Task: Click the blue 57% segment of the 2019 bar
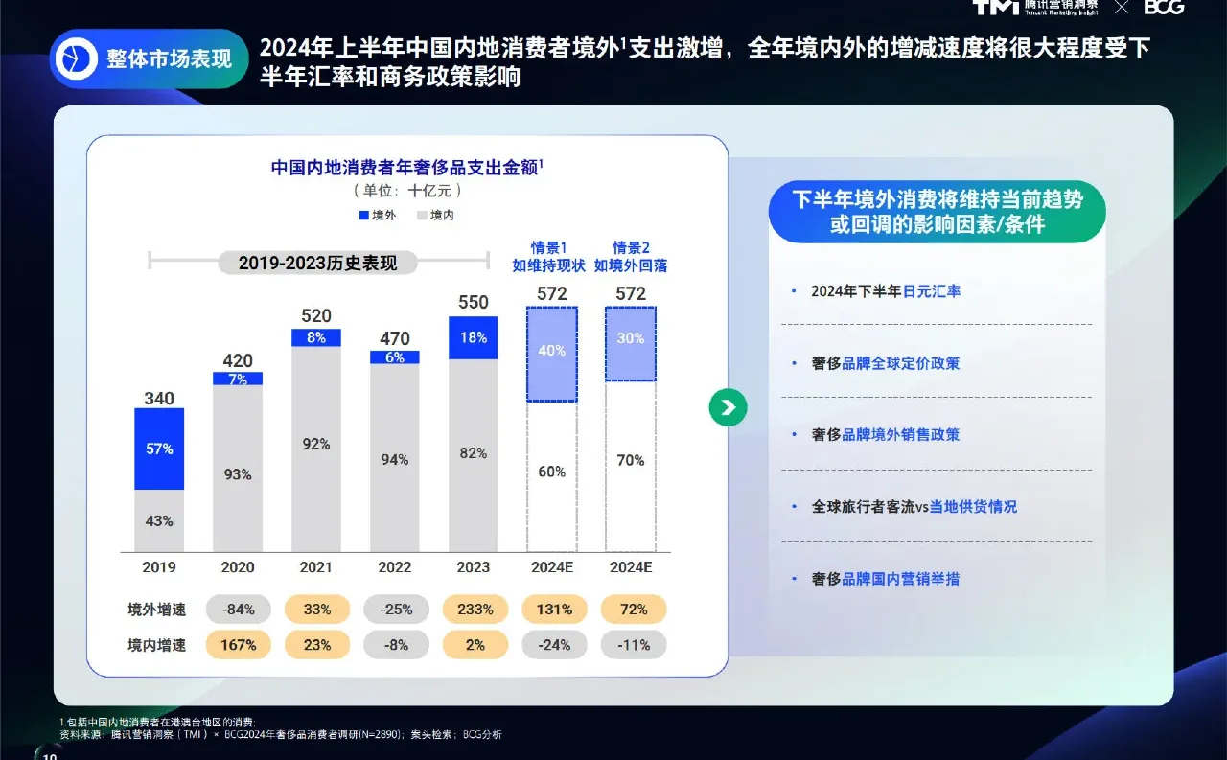point(159,449)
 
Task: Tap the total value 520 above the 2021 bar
point(316,316)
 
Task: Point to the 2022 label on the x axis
point(395,567)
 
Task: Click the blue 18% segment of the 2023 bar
point(474,337)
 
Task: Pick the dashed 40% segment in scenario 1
point(552,353)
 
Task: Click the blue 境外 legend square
point(364,216)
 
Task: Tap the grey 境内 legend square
point(422,216)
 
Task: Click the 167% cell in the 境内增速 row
point(238,645)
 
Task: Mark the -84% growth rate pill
point(238,610)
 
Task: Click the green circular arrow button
point(729,407)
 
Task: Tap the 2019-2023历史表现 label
point(317,263)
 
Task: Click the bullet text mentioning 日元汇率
point(885,291)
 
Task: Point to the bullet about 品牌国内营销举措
point(885,579)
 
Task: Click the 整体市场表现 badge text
point(169,59)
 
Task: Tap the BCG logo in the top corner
point(1164,8)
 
